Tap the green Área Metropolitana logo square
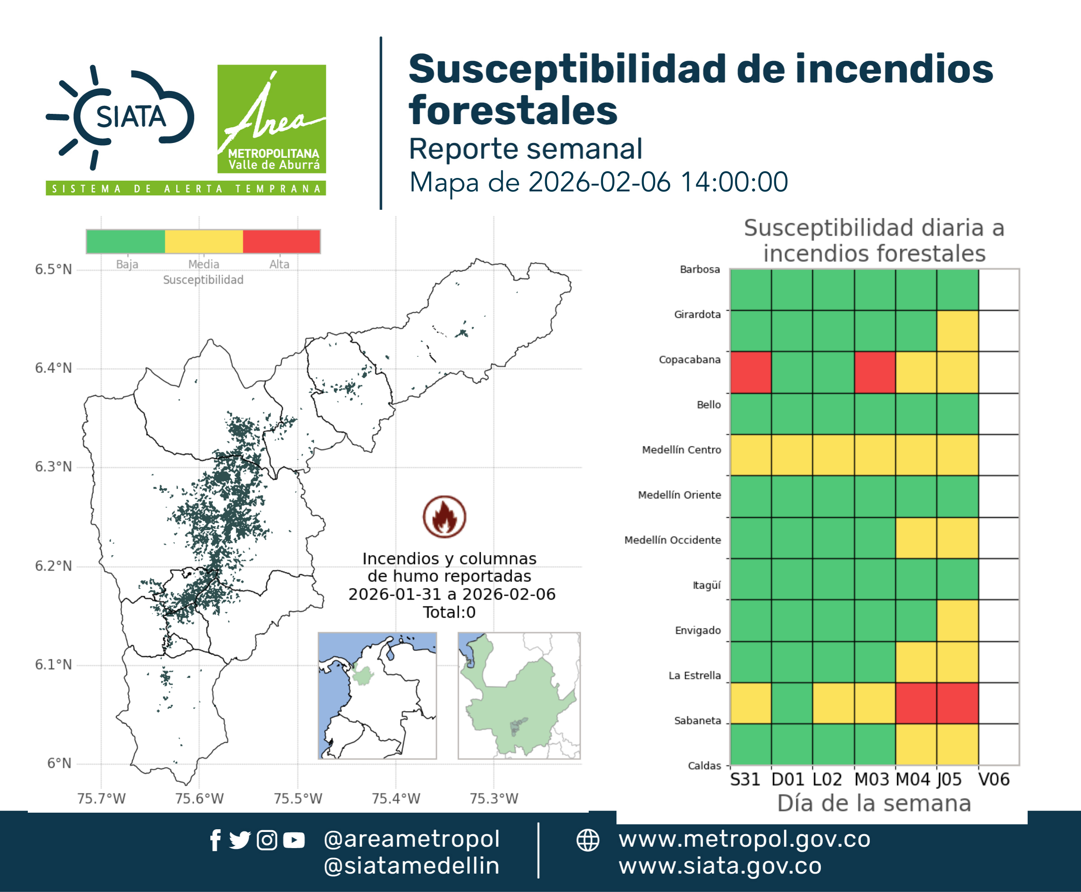[271, 119]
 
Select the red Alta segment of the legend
[281, 242]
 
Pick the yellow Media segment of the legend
[204, 242]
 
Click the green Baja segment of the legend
[126, 242]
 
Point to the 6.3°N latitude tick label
[53, 467]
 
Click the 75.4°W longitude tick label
[396, 798]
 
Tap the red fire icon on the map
[445, 516]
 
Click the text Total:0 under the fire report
[449, 612]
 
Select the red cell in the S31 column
[751, 372]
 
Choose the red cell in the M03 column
[875, 372]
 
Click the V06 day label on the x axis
[994, 779]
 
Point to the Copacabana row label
[690, 359]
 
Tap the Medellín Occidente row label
[673, 540]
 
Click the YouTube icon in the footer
[294, 840]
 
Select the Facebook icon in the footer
[215, 840]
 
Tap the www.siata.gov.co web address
[720, 866]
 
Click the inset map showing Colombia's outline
[377, 696]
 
